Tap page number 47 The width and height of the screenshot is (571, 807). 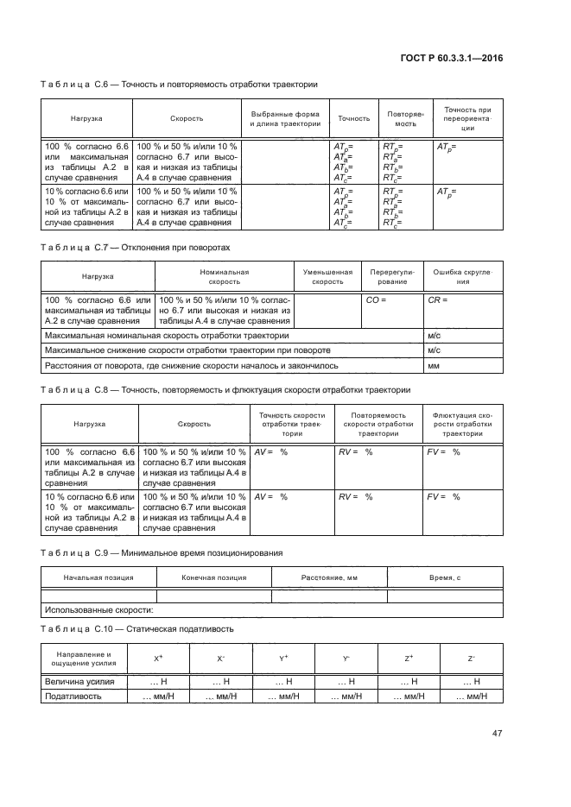tap(498, 734)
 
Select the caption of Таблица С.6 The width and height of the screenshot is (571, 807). tap(179, 85)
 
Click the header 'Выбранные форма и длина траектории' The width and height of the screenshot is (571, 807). tap(285, 119)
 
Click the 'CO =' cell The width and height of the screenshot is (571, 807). tap(376, 299)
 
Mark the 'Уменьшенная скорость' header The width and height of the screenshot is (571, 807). tap(327, 277)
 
